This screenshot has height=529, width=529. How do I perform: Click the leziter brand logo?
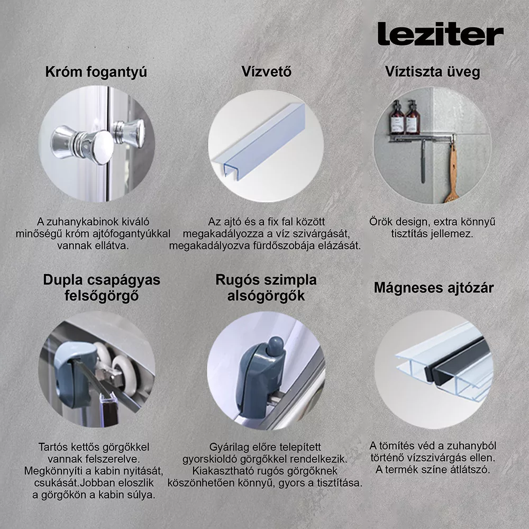coord(440,34)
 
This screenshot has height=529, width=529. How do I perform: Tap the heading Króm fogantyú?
coord(96,72)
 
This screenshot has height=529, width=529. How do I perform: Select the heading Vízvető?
coord(267,71)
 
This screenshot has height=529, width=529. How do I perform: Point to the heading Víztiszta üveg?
coord(433,72)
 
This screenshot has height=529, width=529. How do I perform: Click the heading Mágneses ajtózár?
coord(434,288)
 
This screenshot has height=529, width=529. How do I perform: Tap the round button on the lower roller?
coord(275,345)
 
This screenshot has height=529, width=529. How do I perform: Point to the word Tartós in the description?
coord(53,447)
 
